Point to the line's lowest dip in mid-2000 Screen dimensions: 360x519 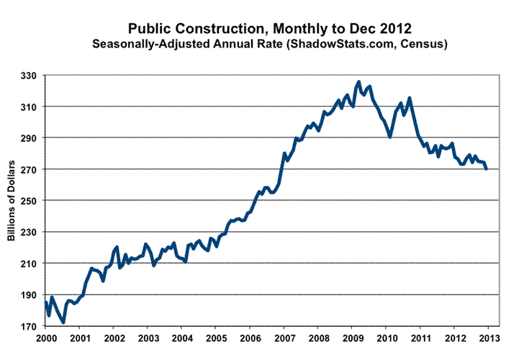[x=63, y=322]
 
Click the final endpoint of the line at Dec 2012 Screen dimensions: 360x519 [x=486, y=168]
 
